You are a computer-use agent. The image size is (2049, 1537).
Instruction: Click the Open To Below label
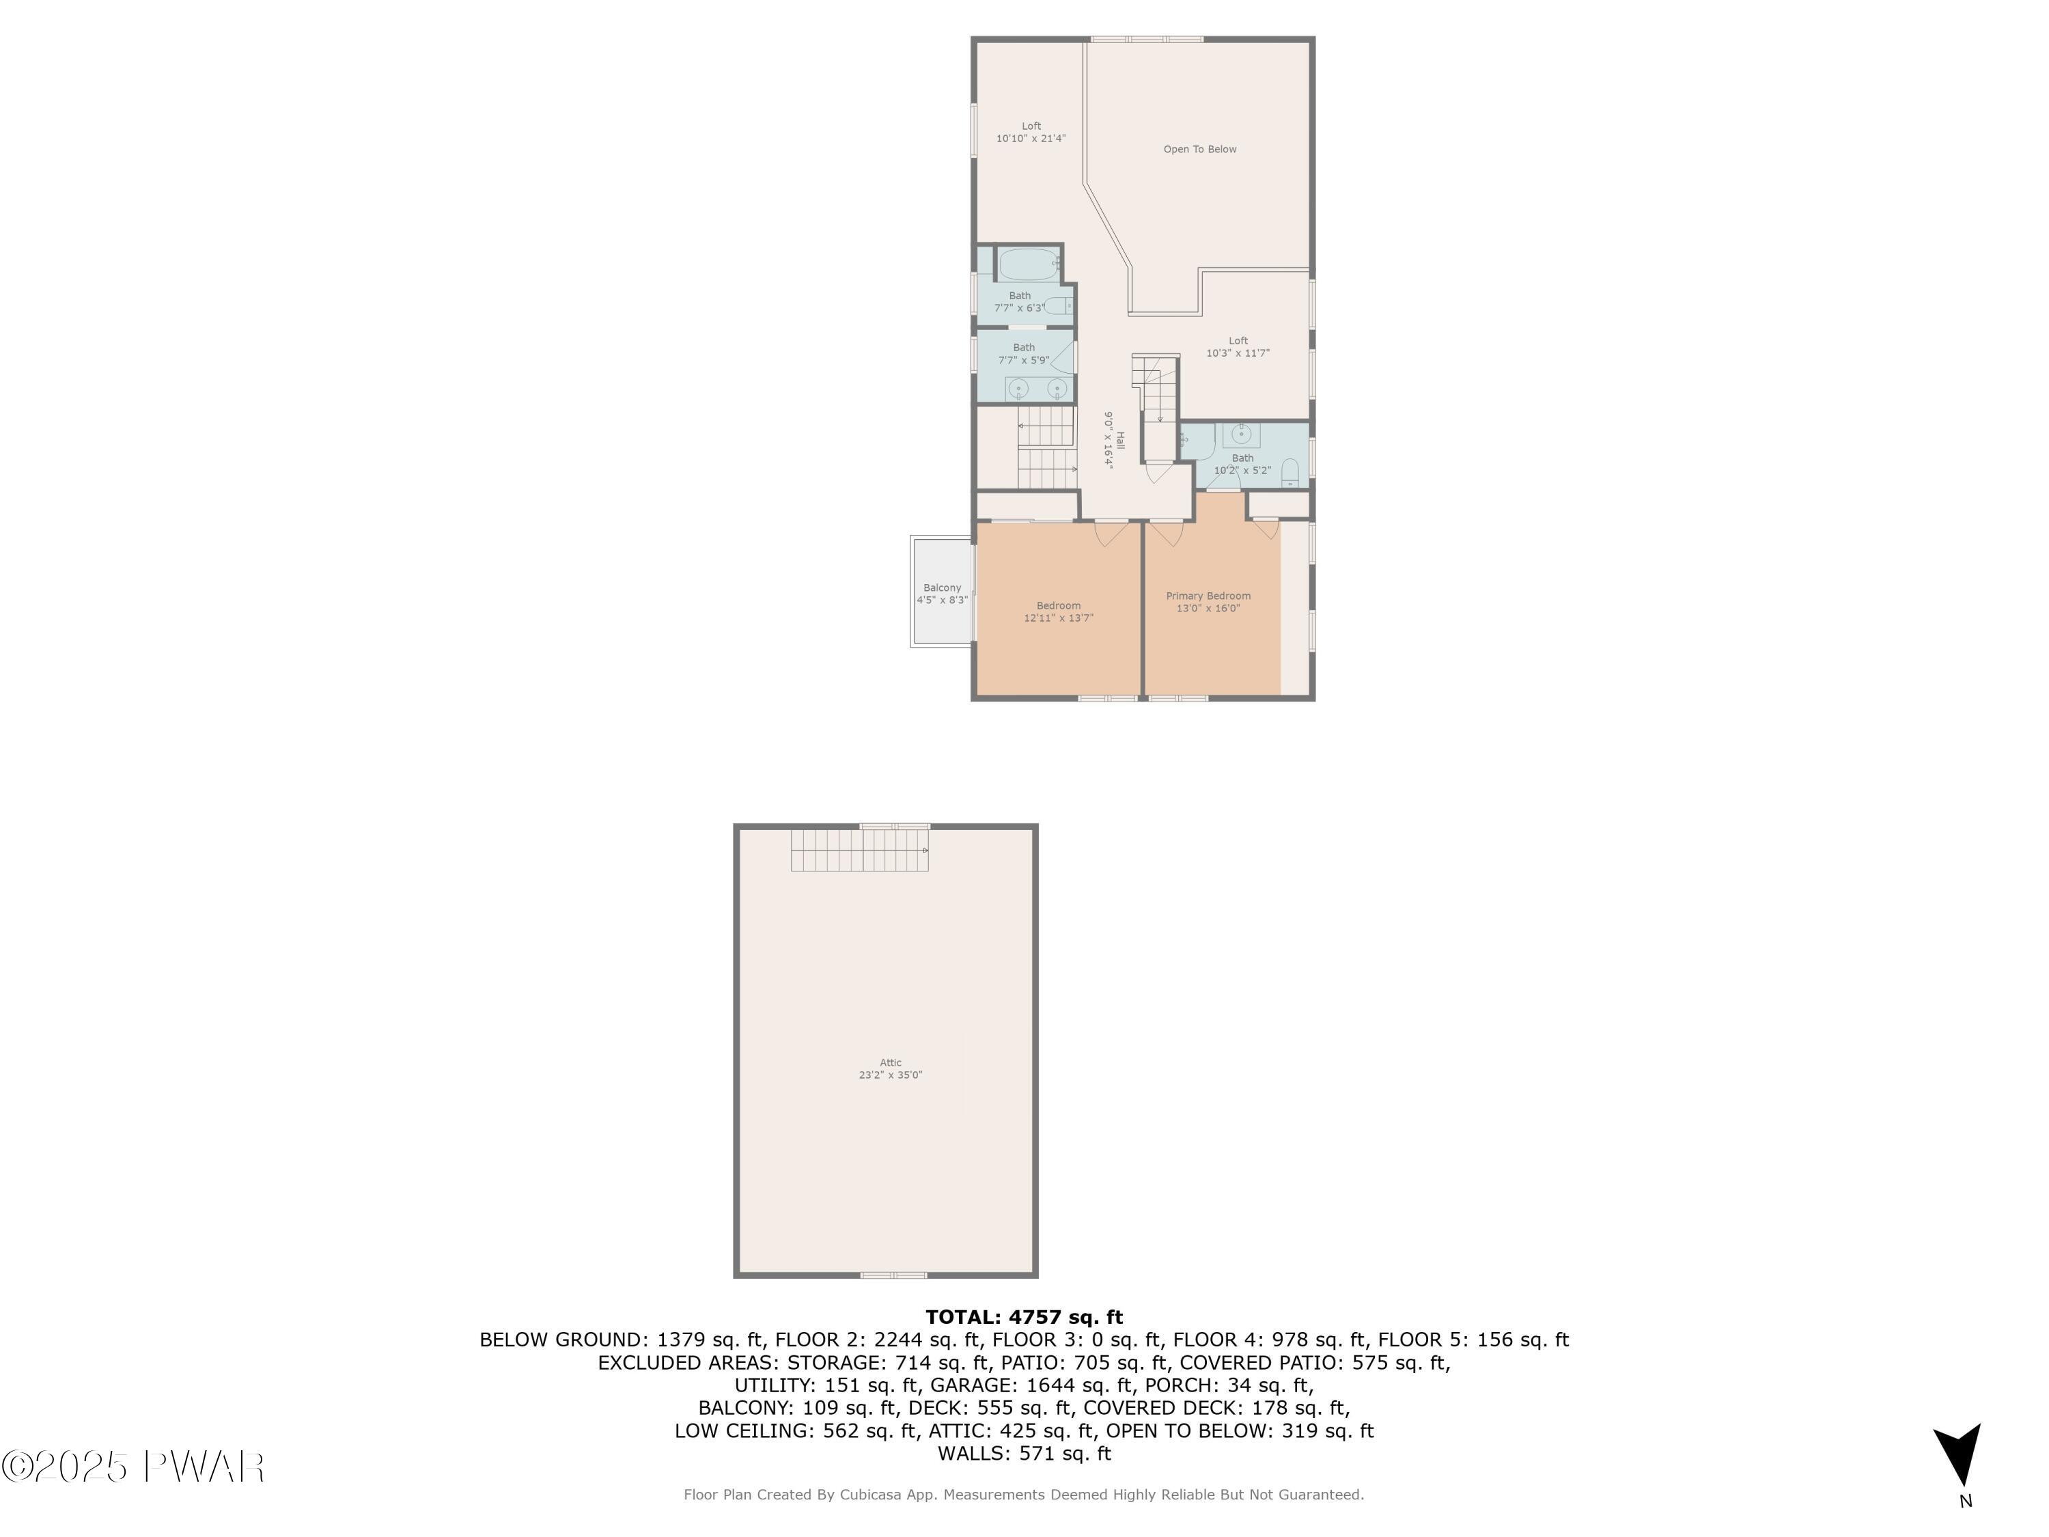tap(1199, 149)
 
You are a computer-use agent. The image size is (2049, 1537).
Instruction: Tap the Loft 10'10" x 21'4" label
tap(1031, 133)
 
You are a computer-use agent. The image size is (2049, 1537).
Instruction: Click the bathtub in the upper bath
tap(1027, 264)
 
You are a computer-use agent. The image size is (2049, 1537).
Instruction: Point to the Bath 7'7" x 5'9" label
tap(1024, 354)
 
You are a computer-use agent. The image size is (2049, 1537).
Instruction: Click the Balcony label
tap(942, 594)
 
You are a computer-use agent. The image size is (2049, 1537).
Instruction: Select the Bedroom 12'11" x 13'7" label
tap(1059, 611)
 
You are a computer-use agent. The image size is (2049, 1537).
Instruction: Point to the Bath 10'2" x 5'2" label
tap(1242, 464)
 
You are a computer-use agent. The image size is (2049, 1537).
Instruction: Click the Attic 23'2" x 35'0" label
tap(890, 1069)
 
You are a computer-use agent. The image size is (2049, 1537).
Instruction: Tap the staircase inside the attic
tap(859, 850)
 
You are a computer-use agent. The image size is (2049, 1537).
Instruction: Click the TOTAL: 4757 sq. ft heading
tap(1024, 1316)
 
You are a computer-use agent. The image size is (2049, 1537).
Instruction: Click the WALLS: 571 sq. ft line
tap(1024, 1454)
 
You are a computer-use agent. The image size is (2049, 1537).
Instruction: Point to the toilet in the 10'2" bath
tap(1290, 474)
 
